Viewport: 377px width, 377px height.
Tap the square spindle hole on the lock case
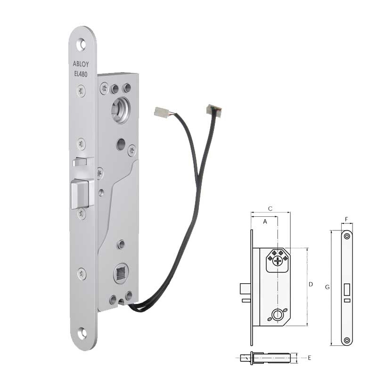(x=121, y=272)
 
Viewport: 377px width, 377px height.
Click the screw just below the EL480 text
(x=82, y=91)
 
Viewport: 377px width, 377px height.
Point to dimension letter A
(x=265, y=221)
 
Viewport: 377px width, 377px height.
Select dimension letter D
(x=311, y=285)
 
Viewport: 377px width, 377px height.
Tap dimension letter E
(x=309, y=358)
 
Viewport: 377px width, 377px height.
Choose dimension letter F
(x=347, y=220)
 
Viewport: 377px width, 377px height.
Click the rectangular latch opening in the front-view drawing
(x=347, y=289)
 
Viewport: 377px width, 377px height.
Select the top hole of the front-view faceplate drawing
(x=347, y=236)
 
